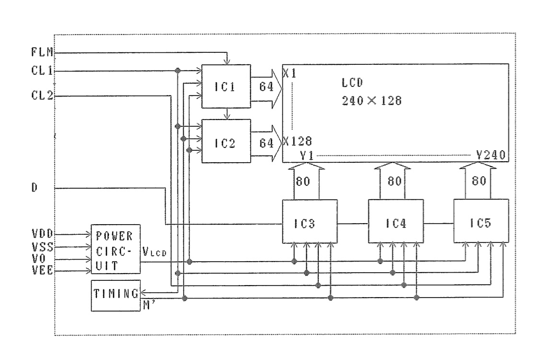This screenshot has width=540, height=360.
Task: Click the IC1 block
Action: coord(226,86)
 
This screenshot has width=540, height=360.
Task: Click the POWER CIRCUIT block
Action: coord(116,249)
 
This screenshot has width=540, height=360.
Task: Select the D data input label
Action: coord(35,188)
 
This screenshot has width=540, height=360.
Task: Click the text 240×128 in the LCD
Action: coord(372,101)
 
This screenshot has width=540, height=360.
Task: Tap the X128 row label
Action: coord(298,141)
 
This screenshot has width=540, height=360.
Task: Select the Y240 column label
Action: coord(492,155)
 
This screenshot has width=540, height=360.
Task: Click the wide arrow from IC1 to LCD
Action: coord(266,87)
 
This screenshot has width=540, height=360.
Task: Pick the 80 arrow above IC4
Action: coord(392,181)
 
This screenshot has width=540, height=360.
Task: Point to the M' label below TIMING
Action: coord(147,306)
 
